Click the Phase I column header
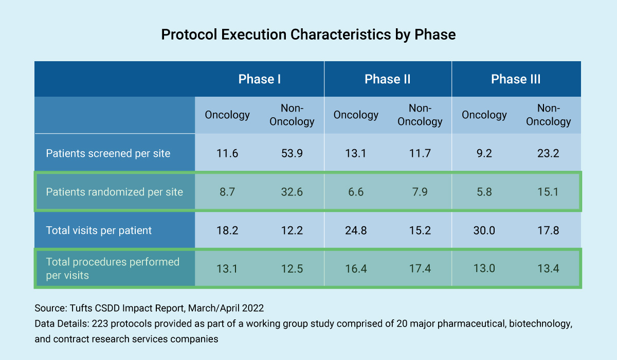coord(259,79)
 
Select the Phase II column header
coord(388,79)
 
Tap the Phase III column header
coord(516,79)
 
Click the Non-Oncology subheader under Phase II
coord(420,115)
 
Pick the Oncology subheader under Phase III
coord(484,115)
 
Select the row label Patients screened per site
coord(108,153)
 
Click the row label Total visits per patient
coord(99,230)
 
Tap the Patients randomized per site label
coord(114,192)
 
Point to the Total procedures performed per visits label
coord(113,268)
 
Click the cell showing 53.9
coord(292,153)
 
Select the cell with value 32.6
coord(292,192)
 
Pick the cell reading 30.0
coord(484,230)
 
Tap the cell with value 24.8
coord(356,230)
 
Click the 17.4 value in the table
coord(420,268)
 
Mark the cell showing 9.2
coord(484,153)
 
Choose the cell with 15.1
coord(549,192)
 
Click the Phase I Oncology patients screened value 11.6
coord(227,153)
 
